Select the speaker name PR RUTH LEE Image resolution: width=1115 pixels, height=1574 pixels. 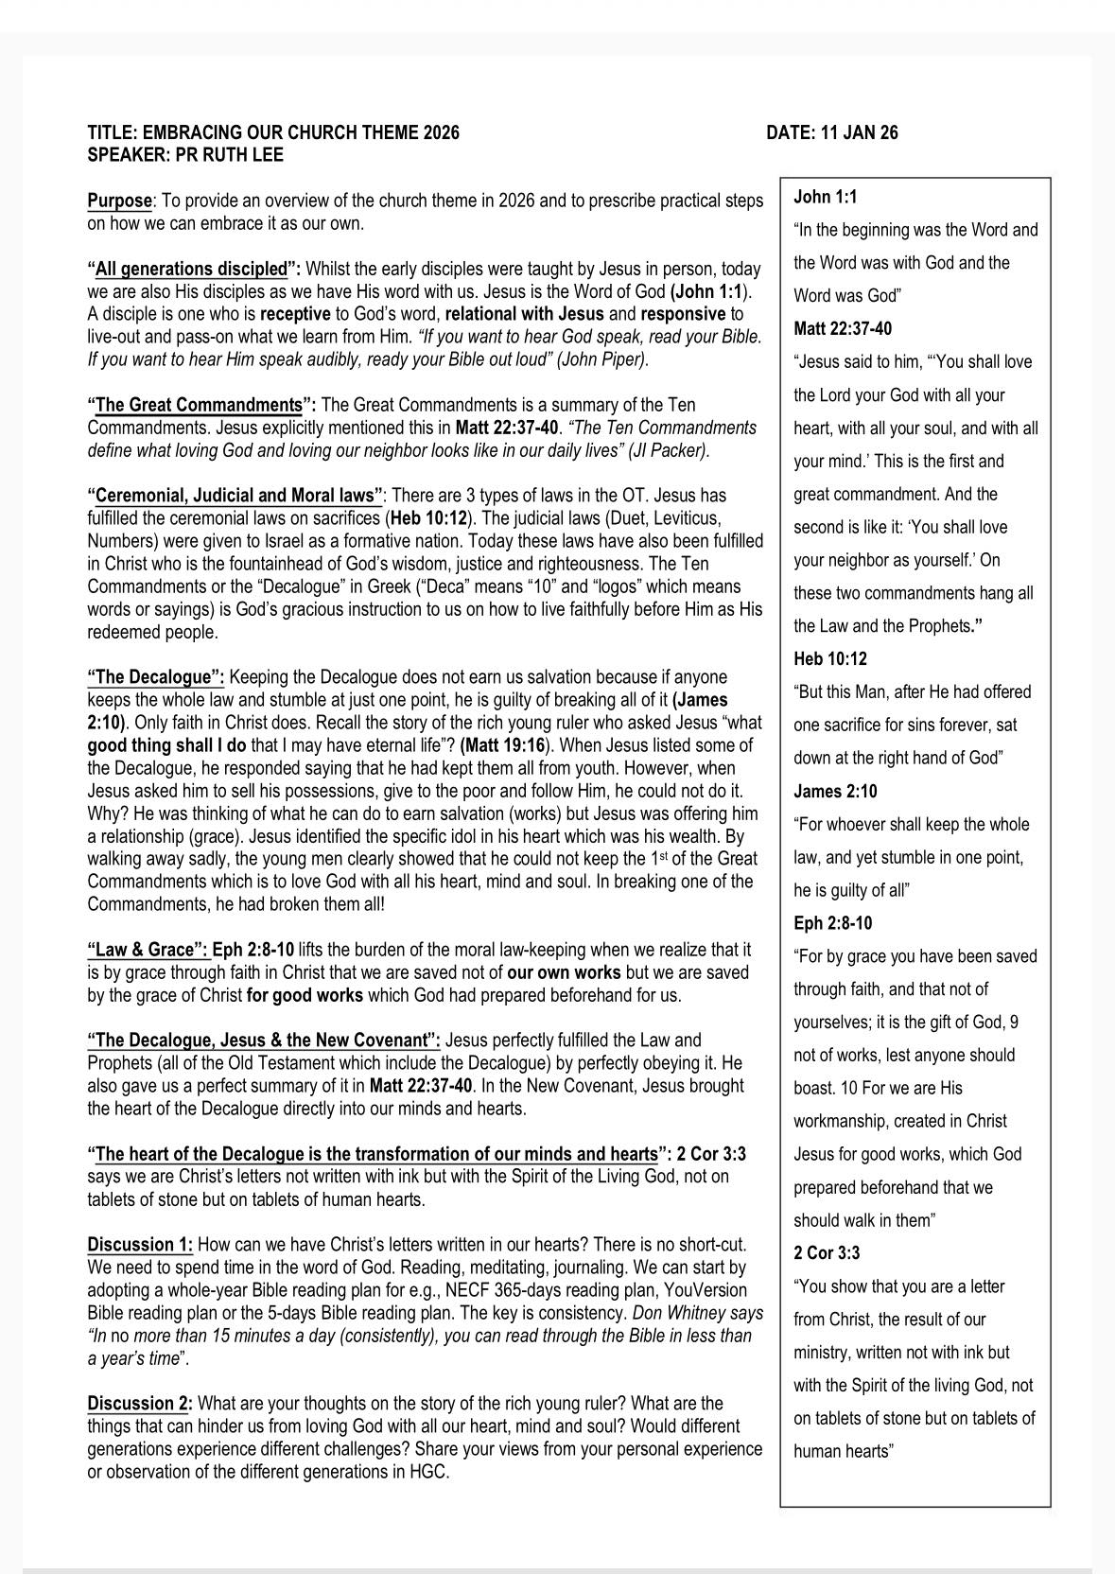[x=227, y=155]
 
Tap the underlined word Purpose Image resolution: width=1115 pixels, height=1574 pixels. [x=119, y=201]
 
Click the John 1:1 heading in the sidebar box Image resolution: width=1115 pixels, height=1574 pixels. [x=825, y=197]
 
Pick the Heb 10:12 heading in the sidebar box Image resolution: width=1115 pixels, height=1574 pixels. [x=830, y=659]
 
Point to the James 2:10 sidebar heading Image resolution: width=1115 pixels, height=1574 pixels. [x=835, y=791]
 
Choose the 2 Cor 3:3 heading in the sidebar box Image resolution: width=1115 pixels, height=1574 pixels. [x=827, y=1253]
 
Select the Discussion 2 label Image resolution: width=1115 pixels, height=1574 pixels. [x=140, y=1403]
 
